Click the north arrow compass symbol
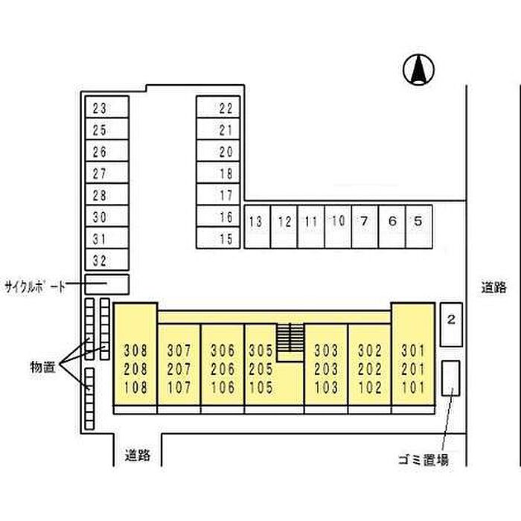point(419,70)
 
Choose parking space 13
point(256,221)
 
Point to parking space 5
point(418,221)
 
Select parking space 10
point(337,221)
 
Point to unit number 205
point(260,369)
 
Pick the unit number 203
point(326,369)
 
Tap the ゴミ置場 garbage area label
point(421,460)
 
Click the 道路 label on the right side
point(493,287)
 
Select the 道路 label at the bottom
point(138,455)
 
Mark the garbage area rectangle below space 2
point(450,378)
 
